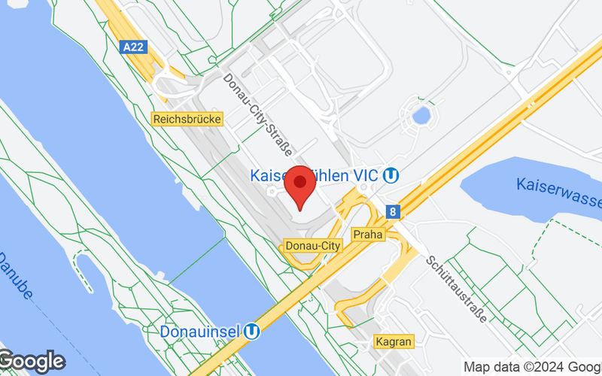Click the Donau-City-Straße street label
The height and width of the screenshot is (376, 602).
tap(257, 112)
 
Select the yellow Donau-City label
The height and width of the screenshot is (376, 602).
tap(312, 246)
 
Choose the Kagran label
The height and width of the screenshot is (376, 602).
tap(394, 342)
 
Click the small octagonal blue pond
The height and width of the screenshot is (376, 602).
tap(421, 116)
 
